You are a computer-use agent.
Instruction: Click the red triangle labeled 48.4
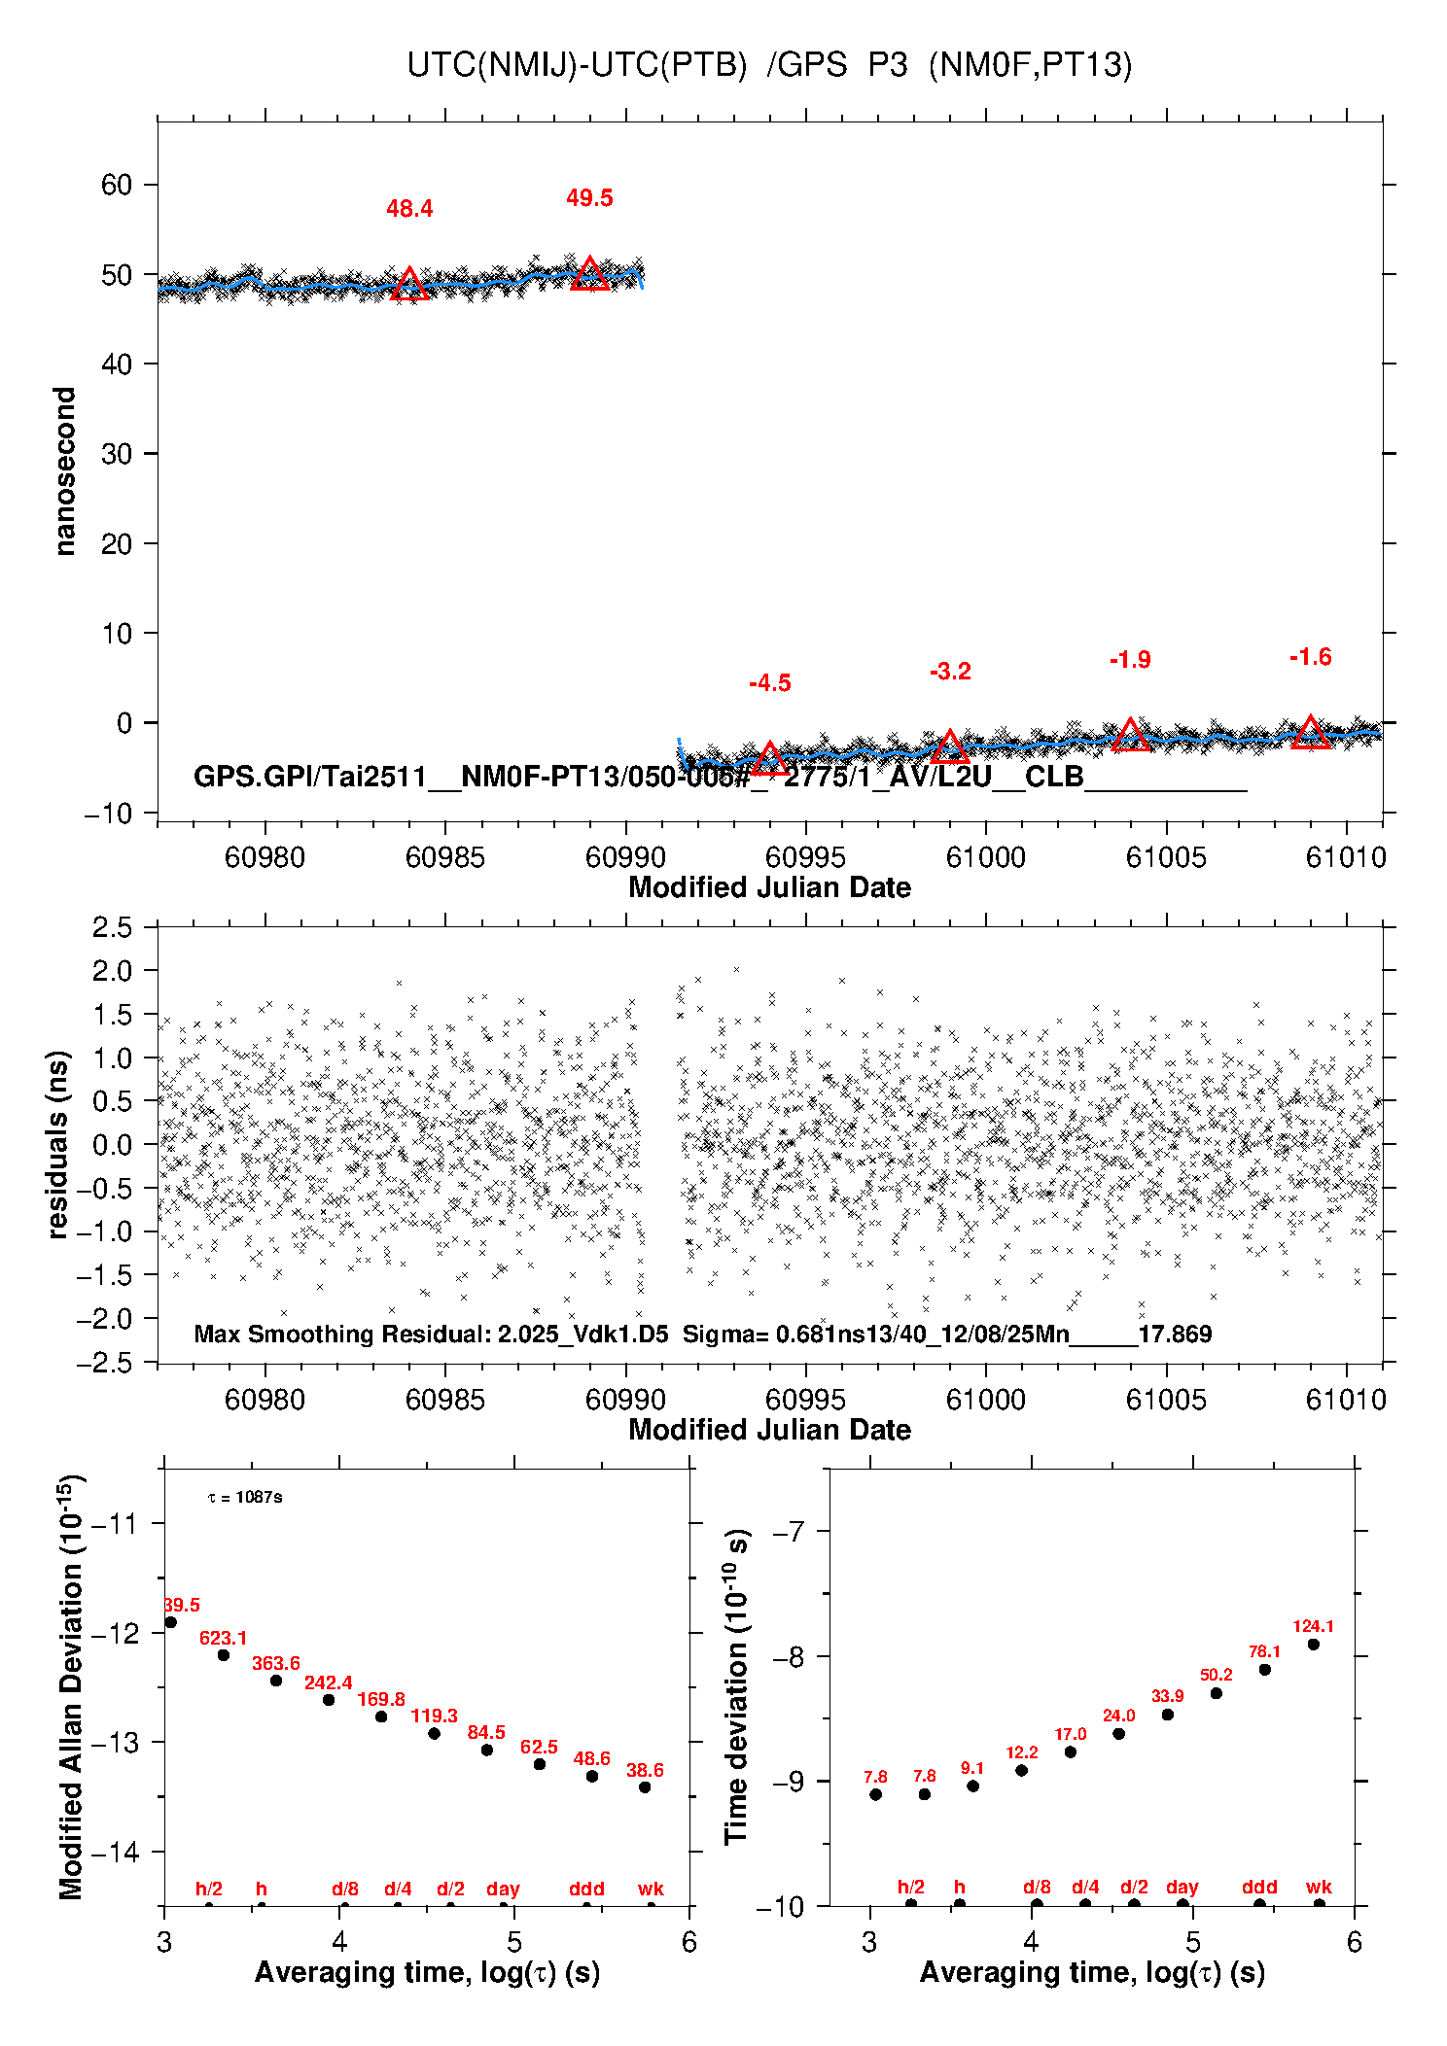pyautogui.click(x=409, y=285)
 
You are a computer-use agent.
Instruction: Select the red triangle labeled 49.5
pyautogui.click(x=590, y=275)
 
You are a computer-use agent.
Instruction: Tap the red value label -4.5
pyautogui.click(x=769, y=683)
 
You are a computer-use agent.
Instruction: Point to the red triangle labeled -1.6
pyautogui.click(x=1310, y=733)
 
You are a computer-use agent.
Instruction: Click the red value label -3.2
pyautogui.click(x=950, y=672)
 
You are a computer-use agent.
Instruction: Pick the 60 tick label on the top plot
pyautogui.click(x=116, y=185)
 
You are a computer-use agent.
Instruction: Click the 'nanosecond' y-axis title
pyautogui.click(x=65, y=470)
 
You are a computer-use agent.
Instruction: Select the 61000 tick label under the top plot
pyautogui.click(x=985, y=857)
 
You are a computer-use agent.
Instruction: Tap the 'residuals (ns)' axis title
pyautogui.click(x=59, y=1144)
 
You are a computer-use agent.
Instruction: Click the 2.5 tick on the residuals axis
pyautogui.click(x=113, y=927)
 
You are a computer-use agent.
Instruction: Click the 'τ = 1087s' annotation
pyautogui.click(x=245, y=1497)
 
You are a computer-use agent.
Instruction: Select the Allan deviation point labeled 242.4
pyautogui.click(x=329, y=1700)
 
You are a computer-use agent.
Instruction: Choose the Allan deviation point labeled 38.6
pyautogui.click(x=645, y=1786)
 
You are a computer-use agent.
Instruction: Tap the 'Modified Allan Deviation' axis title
pyautogui.click(x=70, y=1686)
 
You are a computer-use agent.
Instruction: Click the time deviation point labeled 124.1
pyautogui.click(x=1313, y=1645)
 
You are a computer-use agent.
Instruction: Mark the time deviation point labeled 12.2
pyautogui.click(x=1021, y=1770)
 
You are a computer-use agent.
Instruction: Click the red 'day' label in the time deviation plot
pyautogui.click(x=1182, y=1887)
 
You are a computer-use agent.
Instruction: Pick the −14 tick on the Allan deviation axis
pyautogui.click(x=115, y=1852)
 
